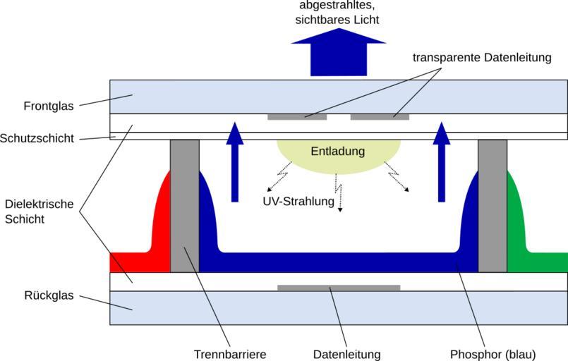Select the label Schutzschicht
point(37,138)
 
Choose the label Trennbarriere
point(230,354)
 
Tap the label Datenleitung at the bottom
point(346,354)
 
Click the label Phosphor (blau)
point(493,354)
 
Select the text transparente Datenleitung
point(482,57)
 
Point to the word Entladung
point(338,152)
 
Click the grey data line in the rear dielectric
point(339,288)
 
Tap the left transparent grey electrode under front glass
point(297,116)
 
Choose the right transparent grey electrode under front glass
point(380,116)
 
